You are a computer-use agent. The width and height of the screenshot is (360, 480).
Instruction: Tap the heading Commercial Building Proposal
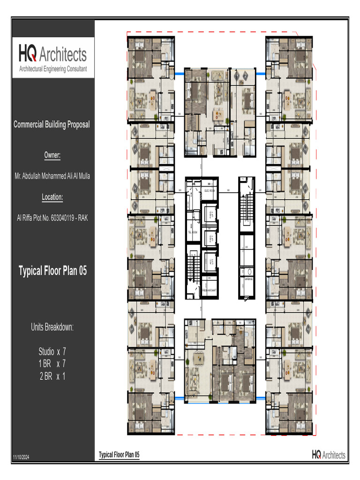(x=52, y=125)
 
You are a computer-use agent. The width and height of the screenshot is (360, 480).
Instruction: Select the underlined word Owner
(x=52, y=155)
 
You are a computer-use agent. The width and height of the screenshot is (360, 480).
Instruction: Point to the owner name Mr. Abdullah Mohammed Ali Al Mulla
(x=52, y=176)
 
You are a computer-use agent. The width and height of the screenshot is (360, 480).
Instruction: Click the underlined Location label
(x=52, y=197)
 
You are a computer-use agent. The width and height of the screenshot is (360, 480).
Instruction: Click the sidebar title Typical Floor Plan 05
(x=52, y=271)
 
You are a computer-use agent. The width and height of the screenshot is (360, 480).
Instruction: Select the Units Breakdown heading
(x=52, y=327)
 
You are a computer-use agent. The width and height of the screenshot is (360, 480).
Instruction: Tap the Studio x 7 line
(x=52, y=351)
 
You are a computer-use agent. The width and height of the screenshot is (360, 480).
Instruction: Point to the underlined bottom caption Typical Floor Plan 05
(x=119, y=455)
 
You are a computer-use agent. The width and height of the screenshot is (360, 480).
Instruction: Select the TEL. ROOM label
(x=193, y=232)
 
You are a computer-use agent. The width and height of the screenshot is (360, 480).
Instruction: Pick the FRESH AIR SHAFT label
(x=209, y=290)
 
